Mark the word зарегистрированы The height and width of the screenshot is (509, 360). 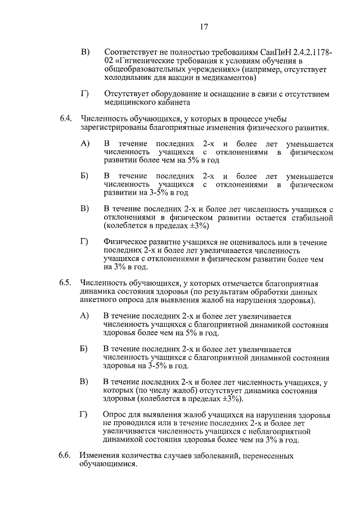point(112,128)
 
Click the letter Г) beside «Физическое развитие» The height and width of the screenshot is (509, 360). point(85,242)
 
